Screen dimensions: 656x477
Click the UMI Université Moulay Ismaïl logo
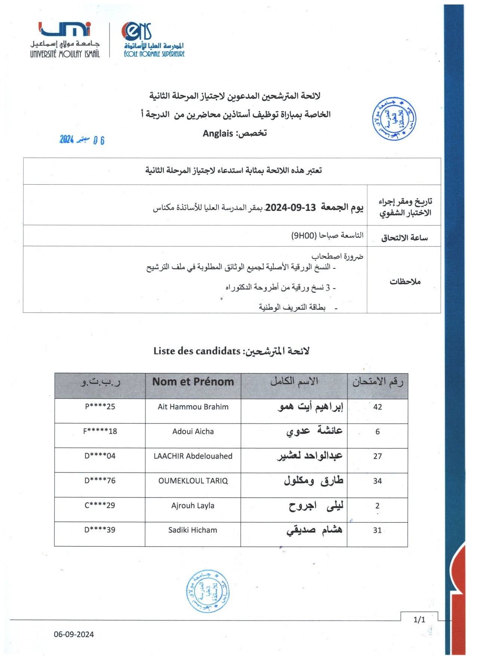click(x=65, y=39)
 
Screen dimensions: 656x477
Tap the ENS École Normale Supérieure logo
click(x=154, y=40)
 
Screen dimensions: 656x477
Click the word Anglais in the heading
click(x=218, y=133)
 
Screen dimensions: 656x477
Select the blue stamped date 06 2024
click(x=82, y=140)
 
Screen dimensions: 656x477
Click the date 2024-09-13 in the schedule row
click(x=291, y=207)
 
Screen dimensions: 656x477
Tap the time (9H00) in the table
click(x=304, y=235)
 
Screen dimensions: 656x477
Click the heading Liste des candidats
click(x=197, y=351)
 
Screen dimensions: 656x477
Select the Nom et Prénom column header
click(x=193, y=382)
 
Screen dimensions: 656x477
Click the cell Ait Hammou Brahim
click(x=193, y=407)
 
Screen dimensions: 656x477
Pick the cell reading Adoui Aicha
click(x=193, y=431)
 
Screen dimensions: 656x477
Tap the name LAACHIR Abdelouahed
click(x=193, y=456)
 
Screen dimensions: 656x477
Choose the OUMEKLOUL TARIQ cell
click(x=193, y=481)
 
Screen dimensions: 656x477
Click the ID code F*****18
click(x=100, y=431)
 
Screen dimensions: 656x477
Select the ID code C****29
click(x=100, y=505)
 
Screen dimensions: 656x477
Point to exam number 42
click(x=377, y=407)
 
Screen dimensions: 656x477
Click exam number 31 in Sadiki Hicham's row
click(x=377, y=530)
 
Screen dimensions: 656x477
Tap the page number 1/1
click(x=419, y=619)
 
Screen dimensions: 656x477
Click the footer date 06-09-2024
click(x=74, y=634)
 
